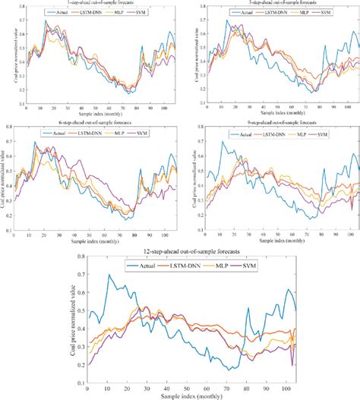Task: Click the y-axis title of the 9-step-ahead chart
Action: point(188,185)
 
